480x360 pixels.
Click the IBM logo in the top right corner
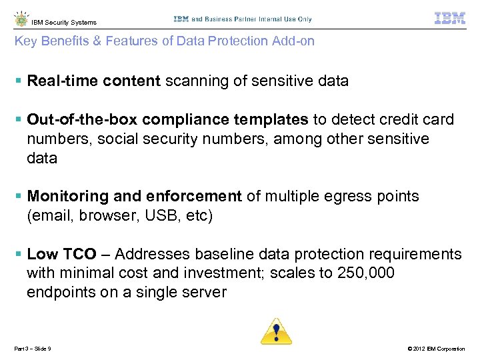click(x=450, y=19)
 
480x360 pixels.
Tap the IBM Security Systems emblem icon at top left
click(x=21, y=19)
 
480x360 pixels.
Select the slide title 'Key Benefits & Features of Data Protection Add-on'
click(x=165, y=41)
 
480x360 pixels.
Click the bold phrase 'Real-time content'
click(x=93, y=81)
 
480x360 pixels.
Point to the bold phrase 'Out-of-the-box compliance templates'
click(x=167, y=120)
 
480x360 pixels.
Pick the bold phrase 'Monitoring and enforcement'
click(x=134, y=197)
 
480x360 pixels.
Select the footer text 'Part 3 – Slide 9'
click(x=33, y=349)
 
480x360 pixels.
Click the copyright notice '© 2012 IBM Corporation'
click(x=430, y=349)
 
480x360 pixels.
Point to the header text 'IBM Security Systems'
click(x=64, y=23)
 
